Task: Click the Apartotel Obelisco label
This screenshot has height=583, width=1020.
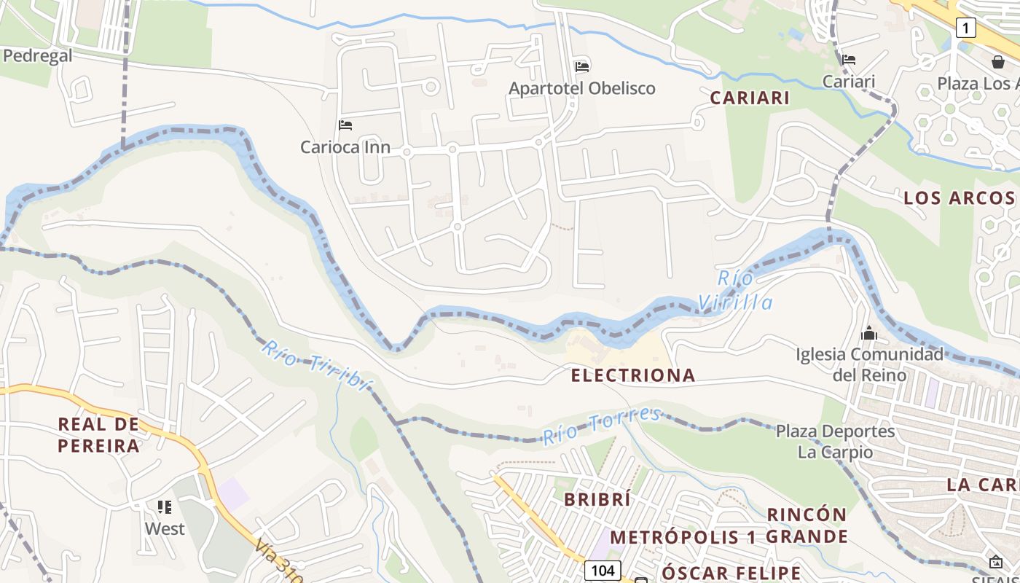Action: click(581, 88)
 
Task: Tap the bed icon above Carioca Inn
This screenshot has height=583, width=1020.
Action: click(345, 125)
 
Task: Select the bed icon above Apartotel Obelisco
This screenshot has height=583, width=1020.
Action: click(581, 66)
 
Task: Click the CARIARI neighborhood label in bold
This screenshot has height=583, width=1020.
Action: click(750, 98)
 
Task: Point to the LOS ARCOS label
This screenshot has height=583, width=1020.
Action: click(959, 197)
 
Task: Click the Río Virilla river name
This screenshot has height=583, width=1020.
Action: click(735, 290)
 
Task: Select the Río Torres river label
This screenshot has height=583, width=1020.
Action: click(602, 426)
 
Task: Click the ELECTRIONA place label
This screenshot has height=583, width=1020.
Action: click(632, 375)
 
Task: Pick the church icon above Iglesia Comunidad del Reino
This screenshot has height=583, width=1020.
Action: click(868, 334)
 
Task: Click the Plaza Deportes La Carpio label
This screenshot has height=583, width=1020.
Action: click(835, 441)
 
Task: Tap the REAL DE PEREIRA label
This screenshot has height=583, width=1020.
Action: click(98, 434)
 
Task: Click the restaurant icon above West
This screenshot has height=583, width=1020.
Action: click(165, 506)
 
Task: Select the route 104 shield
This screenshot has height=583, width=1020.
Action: click(603, 570)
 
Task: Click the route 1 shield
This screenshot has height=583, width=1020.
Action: click(965, 28)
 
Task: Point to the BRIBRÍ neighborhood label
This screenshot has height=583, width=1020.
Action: click(597, 499)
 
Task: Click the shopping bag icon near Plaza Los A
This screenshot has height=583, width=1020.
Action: click(997, 62)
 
